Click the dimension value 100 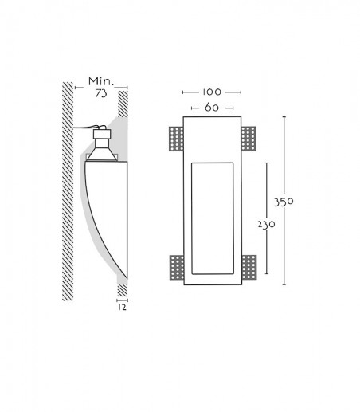(x=212, y=92)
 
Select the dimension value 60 (x=212, y=108)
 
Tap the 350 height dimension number (x=284, y=202)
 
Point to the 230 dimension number (x=266, y=225)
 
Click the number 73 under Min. (x=101, y=93)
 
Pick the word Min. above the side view (x=101, y=81)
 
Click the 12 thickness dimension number (x=122, y=308)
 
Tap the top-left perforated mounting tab (x=176, y=139)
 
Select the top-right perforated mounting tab (x=248, y=139)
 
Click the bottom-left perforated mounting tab (x=177, y=268)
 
